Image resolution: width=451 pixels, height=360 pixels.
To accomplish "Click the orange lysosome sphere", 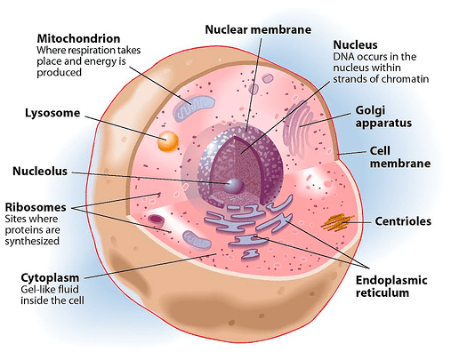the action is (x=168, y=141).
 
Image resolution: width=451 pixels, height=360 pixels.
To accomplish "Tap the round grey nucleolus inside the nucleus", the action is (x=234, y=186).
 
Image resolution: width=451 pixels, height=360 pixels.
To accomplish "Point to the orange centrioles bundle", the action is (x=337, y=222).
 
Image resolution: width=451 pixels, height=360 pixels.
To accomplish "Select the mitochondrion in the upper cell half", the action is (x=194, y=108).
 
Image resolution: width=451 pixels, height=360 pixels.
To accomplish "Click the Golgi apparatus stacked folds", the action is (x=296, y=128).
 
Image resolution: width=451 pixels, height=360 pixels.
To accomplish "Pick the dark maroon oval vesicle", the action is (x=157, y=220).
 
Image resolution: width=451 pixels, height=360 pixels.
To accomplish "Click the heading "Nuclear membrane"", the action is (x=258, y=29).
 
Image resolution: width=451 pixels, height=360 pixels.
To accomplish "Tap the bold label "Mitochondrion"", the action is (x=78, y=38).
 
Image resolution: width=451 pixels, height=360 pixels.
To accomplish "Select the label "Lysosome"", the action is (x=52, y=113).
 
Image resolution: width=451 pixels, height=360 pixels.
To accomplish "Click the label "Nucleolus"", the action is (x=40, y=172).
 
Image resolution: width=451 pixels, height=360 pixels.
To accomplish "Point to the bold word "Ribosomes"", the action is (x=36, y=207).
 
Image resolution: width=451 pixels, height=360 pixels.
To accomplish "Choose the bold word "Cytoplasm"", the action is (x=50, y=278).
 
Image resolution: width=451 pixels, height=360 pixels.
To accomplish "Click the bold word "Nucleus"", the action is (x=355, y=44).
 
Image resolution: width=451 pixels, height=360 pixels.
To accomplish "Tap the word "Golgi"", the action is (x=370, y=110).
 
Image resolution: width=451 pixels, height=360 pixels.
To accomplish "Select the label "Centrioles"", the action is (x=403, y=221).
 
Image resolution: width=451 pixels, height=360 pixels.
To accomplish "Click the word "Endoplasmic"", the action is (x=391, y=280).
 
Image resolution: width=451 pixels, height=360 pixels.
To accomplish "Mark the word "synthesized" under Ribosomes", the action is (x=32, y=241).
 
